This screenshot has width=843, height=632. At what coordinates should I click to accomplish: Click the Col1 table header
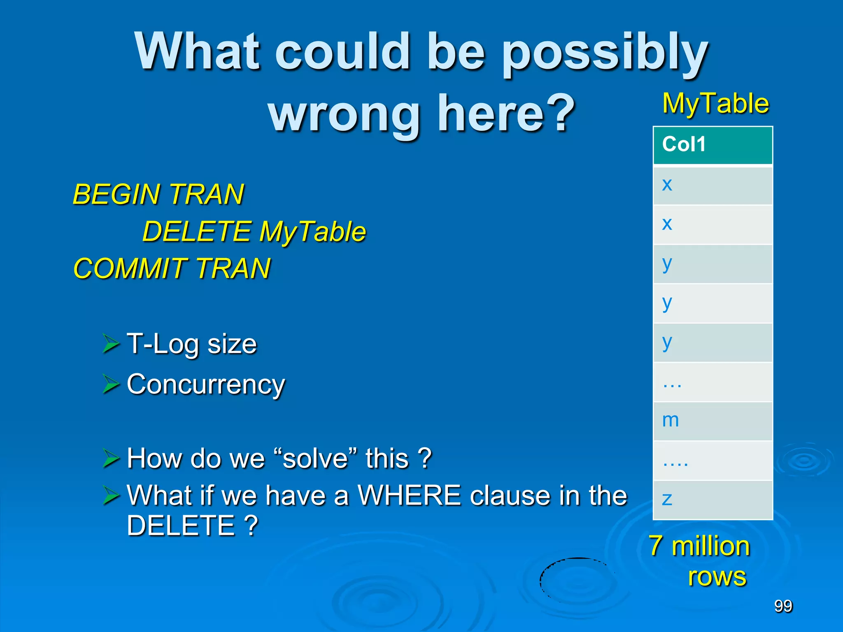pos(713,145)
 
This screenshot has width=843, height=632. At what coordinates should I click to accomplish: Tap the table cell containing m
pos(713,421)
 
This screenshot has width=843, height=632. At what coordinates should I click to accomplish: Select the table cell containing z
pos(713,500)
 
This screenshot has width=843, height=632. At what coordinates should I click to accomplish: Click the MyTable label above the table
pos(715,103)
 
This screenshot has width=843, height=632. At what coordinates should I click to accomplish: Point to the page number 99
pos(783,606)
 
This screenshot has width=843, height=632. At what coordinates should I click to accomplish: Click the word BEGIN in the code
pos(116,194)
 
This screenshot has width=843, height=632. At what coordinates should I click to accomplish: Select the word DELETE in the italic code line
pos(196,231)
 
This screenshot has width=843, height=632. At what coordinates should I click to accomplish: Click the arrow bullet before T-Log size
pos(111,344)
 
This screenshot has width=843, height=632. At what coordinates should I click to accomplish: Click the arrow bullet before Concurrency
pos(111,384)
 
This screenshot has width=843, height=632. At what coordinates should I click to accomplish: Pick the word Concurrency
pos(206,384)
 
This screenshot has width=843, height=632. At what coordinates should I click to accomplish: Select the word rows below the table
pos(717,576)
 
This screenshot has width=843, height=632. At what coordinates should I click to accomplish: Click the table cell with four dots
pos(713,460)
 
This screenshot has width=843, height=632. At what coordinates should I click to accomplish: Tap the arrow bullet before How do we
pos(111,458)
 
